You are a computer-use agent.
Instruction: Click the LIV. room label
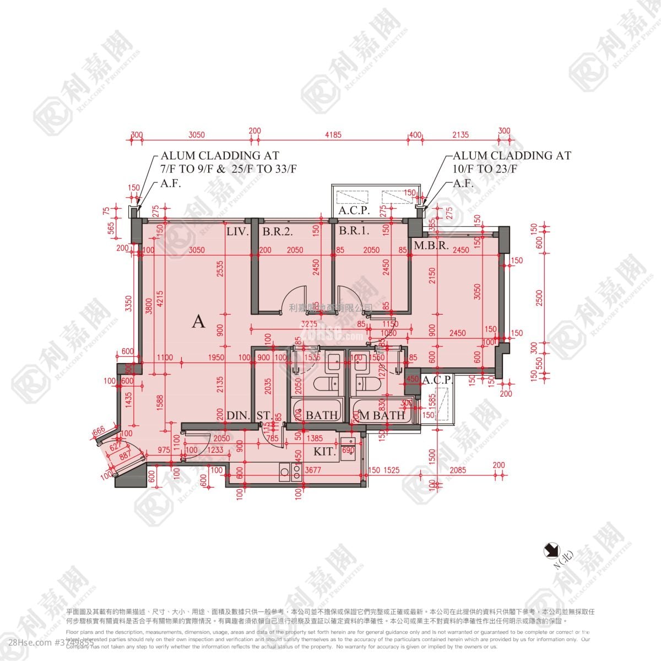pos(237,232)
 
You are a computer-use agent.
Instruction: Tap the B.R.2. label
pos(277,232)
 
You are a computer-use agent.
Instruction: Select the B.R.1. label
pos(354,231)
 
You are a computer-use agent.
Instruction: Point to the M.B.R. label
pos(431,245)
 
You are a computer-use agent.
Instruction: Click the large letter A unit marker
pos(198,322)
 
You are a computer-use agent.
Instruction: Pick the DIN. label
pos(239,415)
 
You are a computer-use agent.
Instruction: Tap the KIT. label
pos(325,452)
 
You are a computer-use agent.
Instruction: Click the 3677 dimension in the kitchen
pos(313,470)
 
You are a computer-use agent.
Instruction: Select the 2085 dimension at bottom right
pos(458,470)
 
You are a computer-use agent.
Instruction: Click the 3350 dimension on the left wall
pos(128,304)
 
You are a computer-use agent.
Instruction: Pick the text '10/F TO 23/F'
pos(485,169)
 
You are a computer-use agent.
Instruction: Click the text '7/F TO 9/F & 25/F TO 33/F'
pos(229,169)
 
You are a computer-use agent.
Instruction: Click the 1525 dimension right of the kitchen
pos(391,470)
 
